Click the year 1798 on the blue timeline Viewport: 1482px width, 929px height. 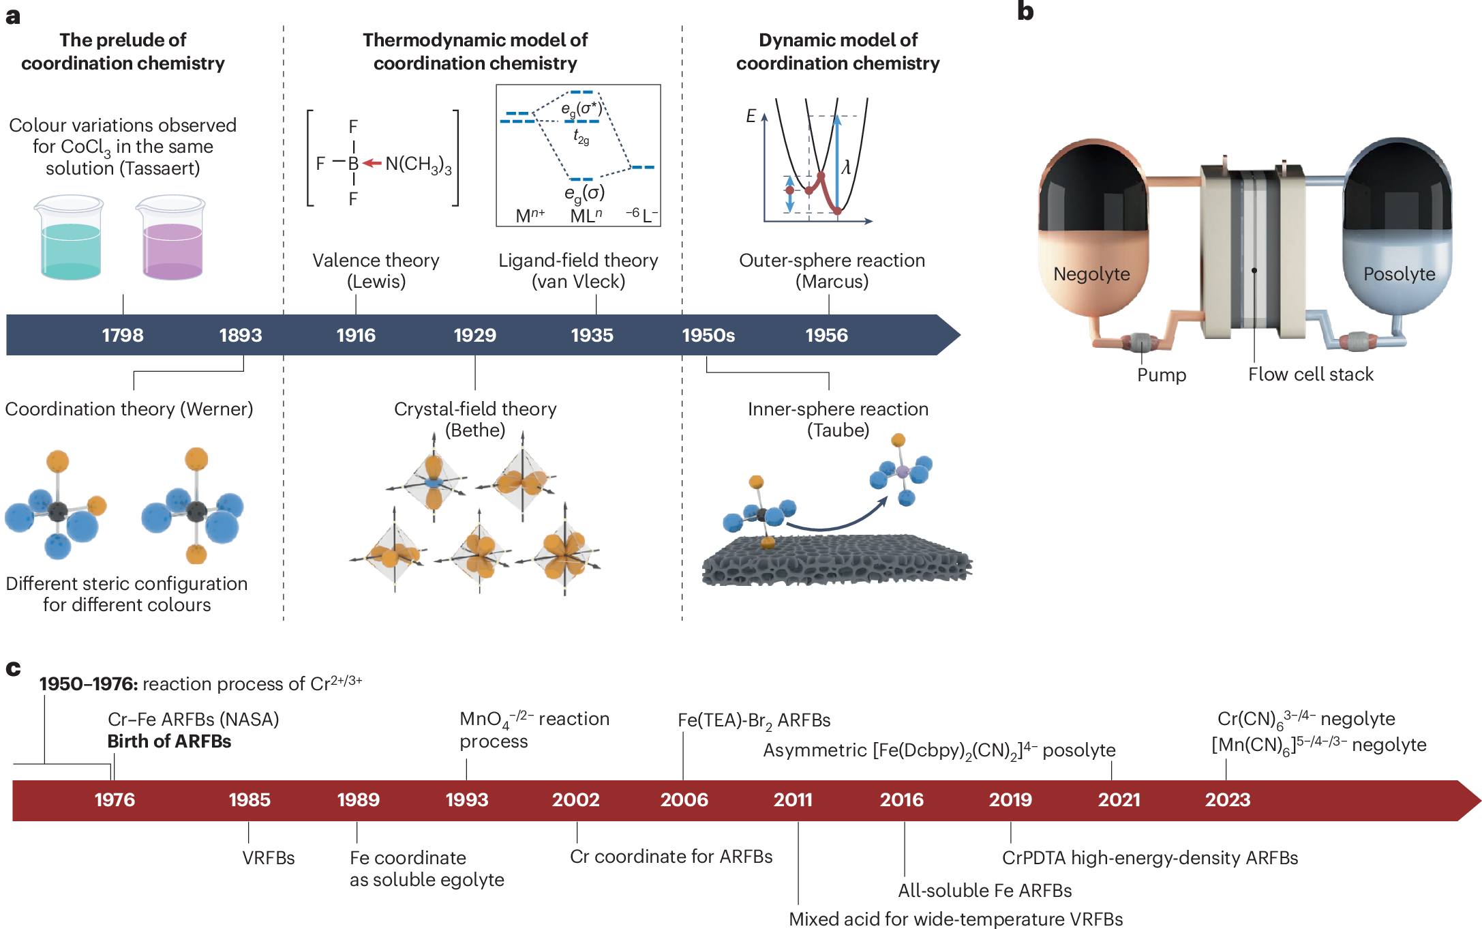[123, 335]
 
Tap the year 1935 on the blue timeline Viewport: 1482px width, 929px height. [592, 335]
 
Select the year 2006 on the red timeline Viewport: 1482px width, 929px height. [684, 799]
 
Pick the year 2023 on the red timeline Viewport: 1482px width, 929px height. [1227, 799]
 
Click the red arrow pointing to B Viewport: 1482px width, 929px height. [372, 163]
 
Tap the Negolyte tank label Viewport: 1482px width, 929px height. [1091, 274]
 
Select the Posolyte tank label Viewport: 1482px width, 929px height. [1399, 274]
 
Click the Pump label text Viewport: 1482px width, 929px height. [1162, 374]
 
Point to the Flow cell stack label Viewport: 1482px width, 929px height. [1310, 374]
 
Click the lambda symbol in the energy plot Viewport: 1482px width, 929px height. [846, 167]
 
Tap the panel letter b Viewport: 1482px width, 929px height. [1025, 12]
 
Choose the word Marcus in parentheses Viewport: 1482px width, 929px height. [832, 282]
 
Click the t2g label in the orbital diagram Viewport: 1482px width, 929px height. [581, 137]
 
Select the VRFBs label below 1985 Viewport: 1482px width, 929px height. [269, 857]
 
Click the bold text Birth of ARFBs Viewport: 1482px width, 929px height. [169, 741]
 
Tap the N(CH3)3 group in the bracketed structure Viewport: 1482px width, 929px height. [418, 164]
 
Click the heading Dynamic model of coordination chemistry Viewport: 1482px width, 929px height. [838, 52]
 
